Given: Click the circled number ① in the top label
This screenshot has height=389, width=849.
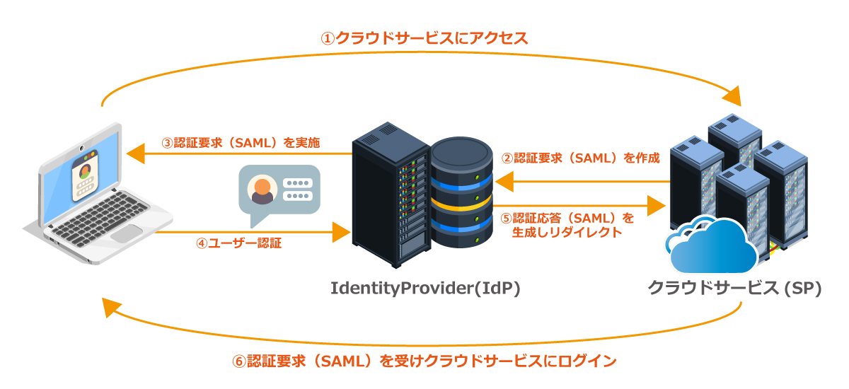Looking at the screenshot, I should (x=328, y=38).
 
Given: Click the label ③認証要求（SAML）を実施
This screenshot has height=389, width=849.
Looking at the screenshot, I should (x=241, y=143).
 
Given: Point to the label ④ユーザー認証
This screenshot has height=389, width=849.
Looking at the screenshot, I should (x=239, y=244).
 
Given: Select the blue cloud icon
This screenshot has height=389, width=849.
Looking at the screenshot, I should (x=711, y=248).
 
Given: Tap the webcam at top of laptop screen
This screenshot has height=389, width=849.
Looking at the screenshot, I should (x=83, y=150).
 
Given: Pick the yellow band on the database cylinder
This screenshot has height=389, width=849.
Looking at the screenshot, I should (x=461, y=206).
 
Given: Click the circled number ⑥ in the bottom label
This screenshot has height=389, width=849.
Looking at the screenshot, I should (x=239, y=361).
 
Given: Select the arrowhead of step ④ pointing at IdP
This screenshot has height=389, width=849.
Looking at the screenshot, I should (x=342, y=232).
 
